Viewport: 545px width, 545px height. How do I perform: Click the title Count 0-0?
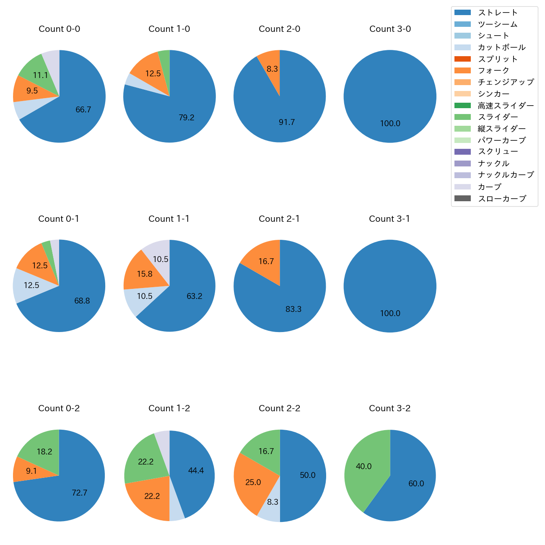pos(59,29)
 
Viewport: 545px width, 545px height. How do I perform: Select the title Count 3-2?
pos(389,408)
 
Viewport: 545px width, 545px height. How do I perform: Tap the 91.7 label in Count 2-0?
pos(287,122)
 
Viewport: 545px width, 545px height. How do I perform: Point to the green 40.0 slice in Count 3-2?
pos(364,466)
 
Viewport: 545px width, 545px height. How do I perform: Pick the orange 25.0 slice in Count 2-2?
pos(253,482)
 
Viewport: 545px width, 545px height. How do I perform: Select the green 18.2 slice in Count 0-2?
pos(44,452)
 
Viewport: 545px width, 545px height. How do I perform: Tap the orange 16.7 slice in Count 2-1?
pos(266,261)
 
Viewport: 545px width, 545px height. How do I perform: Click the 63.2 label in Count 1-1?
pos(195,296)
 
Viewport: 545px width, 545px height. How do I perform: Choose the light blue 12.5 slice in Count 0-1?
pos(31,285)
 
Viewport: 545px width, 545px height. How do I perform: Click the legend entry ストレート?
pos(498,13)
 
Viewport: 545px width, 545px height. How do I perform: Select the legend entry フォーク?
pos(493,70)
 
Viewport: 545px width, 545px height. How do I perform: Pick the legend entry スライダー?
pos(498,117)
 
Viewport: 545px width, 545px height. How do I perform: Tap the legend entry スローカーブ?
pos(502,199)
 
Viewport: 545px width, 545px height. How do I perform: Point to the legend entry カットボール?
pos(501,47)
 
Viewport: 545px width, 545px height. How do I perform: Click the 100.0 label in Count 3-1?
pos(390,313)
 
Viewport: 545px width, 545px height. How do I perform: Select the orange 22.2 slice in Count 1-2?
pos(152,496)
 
